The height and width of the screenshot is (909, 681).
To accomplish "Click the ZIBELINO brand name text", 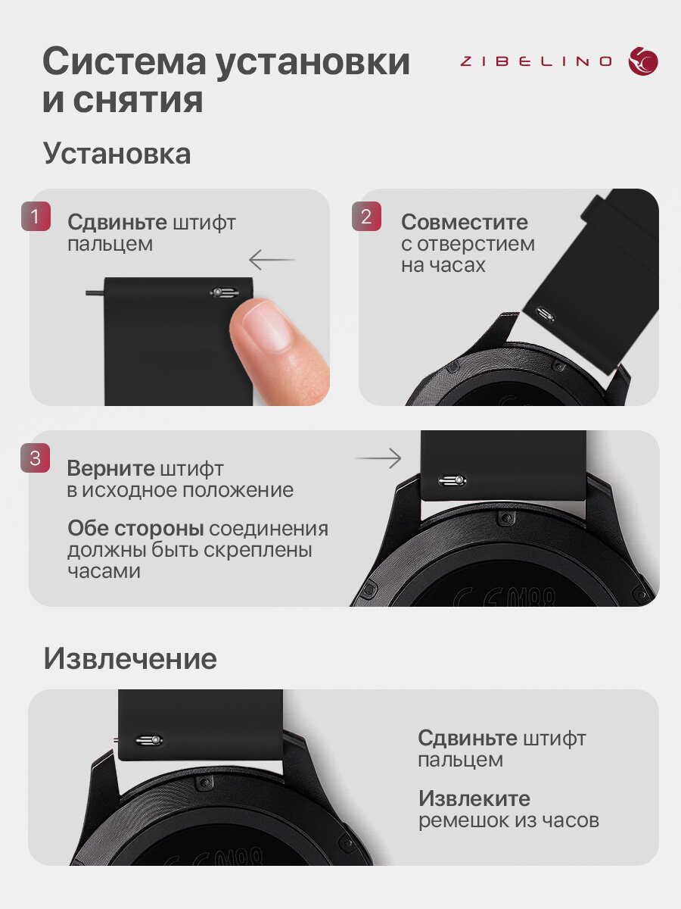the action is (x=536, y=61).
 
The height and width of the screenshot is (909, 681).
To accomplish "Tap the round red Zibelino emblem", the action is (x=643, y=61).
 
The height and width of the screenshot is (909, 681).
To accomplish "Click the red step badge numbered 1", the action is (x=36, y=216).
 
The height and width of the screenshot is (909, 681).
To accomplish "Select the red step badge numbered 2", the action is (x=366, y=216).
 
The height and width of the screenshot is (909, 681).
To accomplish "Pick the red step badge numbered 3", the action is (x=35, y=458).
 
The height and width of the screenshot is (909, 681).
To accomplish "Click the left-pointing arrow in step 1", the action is (x=272, y=260).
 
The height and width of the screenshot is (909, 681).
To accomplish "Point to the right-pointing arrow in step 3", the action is (x=378, y=458).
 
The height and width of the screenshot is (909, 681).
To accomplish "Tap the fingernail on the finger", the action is (x=269, y=326).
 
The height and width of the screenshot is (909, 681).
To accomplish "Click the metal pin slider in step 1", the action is (x=224, y=293).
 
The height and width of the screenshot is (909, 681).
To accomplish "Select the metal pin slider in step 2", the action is (x=545, y=314).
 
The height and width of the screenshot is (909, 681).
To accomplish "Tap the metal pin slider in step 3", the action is (x=452, y=480).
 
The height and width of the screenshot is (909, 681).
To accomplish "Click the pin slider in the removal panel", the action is (x=149, y=740).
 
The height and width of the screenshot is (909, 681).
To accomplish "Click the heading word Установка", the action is (x=117, y=154).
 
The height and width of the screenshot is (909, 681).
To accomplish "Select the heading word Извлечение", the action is (x=130, y=658).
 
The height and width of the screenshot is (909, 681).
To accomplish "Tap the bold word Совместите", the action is (x=465, y=222).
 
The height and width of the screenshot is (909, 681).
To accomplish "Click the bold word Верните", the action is (x=110, y=468).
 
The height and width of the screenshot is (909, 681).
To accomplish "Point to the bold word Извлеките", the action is (x=474, y=798).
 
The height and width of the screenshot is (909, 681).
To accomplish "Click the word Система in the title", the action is (x=124, y=61).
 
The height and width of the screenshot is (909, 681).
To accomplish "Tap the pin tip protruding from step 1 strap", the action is (x=95, y=293).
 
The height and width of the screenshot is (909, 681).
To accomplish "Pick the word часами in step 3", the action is (x=104, y=571).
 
